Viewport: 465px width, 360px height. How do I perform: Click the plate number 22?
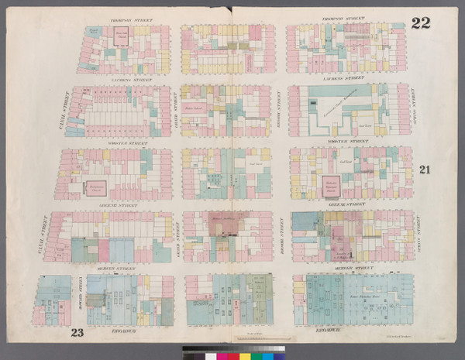(421, 22)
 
